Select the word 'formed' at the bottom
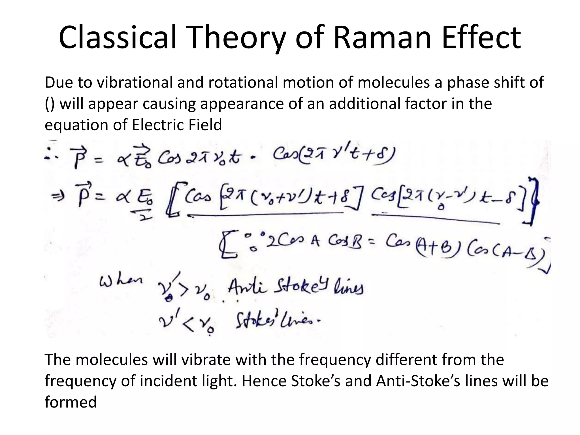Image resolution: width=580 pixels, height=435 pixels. pyautogui.click(x=71, y=402)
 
